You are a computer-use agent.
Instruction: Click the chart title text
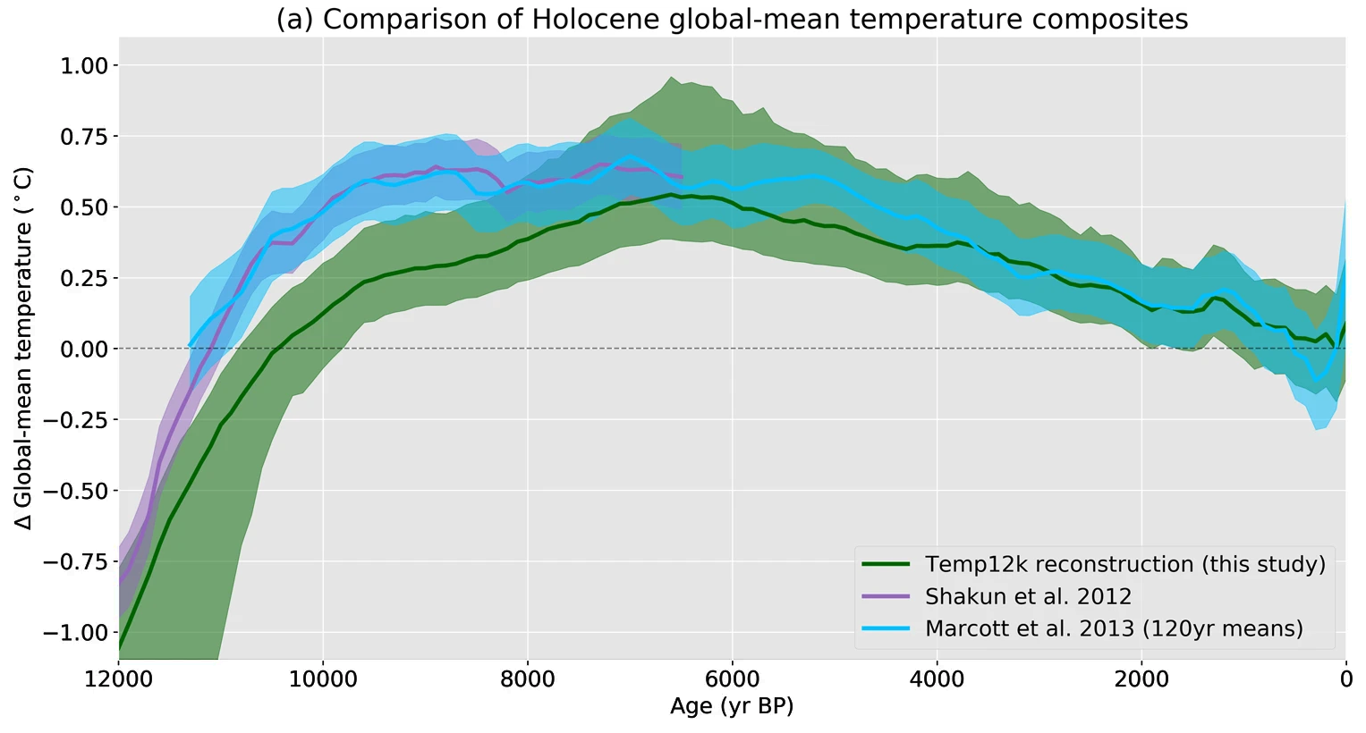(x=732, y=20)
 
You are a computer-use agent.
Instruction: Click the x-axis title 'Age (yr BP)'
(x=732, y=706)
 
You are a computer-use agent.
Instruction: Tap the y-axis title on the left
(x=24, y=349)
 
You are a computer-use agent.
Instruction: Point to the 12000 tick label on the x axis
(x=119, y=679)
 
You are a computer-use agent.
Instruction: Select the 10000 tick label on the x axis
(x=324, y=679)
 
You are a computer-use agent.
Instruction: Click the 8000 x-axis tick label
(x=528, y=679)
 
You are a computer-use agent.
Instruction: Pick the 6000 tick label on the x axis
(x=733, y=679)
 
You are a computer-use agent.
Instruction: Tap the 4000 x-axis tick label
(x=937, y=679)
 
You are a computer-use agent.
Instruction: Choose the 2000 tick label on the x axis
(x=1141, y=679)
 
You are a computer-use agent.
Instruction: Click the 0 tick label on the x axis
(x=1345, y=679)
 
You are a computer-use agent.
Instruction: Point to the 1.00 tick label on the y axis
(x=84, y=66)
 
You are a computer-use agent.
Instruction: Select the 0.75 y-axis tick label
(x=84, y=137)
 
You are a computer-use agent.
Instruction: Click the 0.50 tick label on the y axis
(x=84, y=207)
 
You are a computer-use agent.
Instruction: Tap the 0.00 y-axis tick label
(x=84, y=350)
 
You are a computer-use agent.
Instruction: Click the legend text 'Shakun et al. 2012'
(x=1028, y=596)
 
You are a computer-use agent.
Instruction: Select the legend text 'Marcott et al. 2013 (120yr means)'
(x=1114, y=628)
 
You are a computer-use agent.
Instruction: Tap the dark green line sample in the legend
(x=886, y=564)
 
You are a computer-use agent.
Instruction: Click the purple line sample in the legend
(x=886, y=596)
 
